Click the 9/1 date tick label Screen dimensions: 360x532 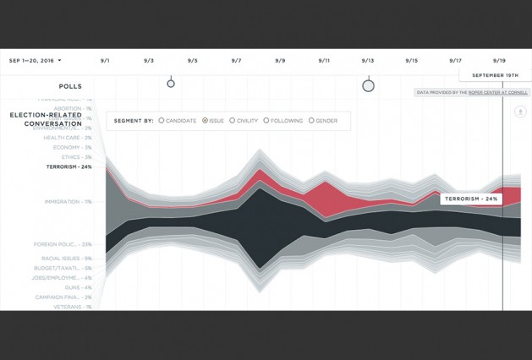pos(105,61)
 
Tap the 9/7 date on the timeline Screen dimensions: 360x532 pos(236,61)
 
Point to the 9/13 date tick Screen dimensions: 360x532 pos(367,61)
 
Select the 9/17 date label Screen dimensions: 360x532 pos(455,61)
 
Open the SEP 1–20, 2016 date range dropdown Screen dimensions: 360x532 pos(36,61)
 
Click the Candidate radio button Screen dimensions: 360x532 pos(162,121)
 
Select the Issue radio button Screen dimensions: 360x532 pos(206,121)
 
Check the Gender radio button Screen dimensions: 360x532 pos(311,121)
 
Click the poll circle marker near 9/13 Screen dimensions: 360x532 pos(368,85)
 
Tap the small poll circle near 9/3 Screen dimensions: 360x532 pos(170,83)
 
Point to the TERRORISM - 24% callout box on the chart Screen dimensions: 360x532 pos(471,199)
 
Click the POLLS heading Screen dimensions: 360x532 pos(70,86)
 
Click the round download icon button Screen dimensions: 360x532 pos(520,111)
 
